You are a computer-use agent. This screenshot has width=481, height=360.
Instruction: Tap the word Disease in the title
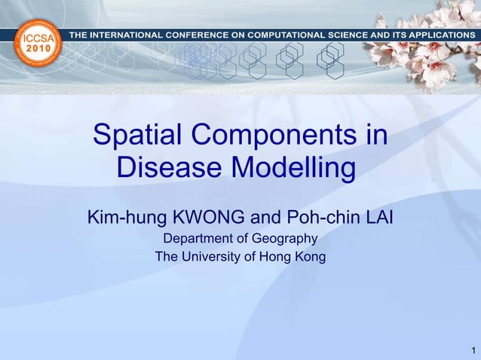[x=168, y=169]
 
